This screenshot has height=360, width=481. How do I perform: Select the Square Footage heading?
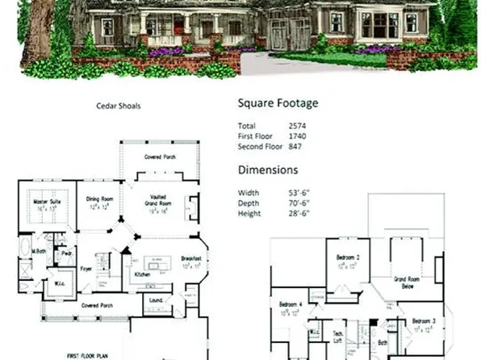(278, 103)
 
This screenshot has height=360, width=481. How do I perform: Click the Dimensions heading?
(268, 170)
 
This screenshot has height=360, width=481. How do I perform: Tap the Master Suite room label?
(48, 201)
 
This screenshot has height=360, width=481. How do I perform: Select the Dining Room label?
(98, 201)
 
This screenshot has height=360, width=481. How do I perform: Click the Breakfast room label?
(191, 258)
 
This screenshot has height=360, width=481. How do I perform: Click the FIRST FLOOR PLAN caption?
(87, 354)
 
